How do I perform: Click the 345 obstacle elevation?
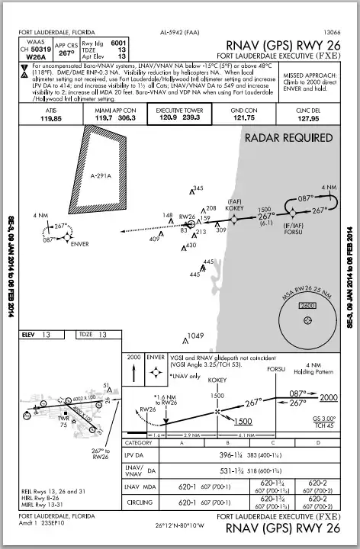(198, 188)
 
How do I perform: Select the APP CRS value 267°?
(66, 54)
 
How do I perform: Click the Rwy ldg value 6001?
(119, 43)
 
